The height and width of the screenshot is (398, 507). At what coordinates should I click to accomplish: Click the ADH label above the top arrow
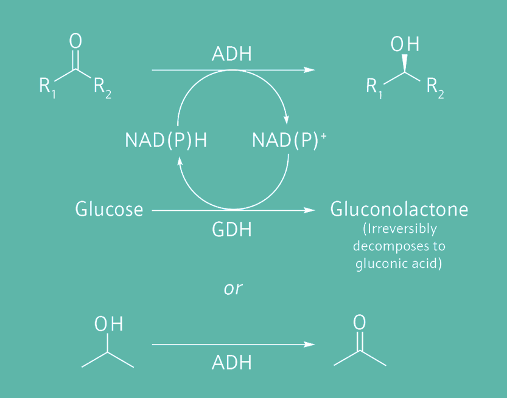tap(232, 54)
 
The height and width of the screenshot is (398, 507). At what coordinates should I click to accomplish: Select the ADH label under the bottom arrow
tap(232, 363)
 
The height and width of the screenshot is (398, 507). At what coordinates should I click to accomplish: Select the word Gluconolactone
tap(399, 210)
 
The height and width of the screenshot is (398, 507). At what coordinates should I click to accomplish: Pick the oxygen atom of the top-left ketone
tap(75, 41)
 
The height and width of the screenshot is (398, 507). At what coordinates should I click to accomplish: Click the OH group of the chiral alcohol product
tap(405, 45)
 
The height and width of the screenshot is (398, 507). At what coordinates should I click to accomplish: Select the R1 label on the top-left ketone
tap(47, 86)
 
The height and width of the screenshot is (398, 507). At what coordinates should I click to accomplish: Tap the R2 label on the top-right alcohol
tap(435, 86)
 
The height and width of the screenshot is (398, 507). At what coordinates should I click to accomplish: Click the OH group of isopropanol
tap(108, 324)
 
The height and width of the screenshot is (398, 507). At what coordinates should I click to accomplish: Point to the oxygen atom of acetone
tap(360, 322)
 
